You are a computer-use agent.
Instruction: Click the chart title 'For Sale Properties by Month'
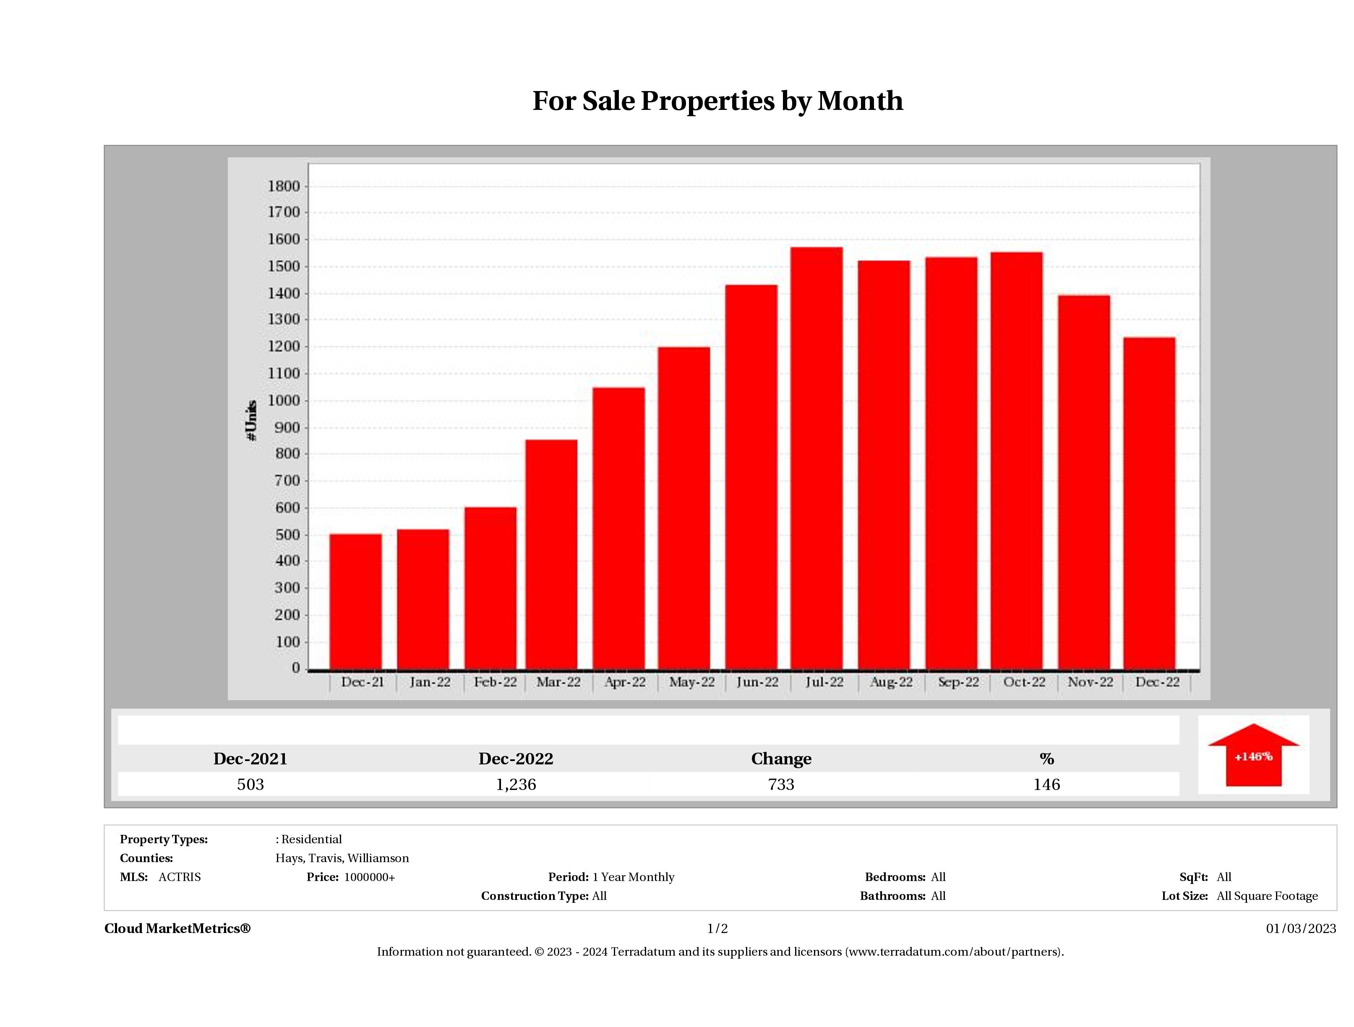[x=717, y=101]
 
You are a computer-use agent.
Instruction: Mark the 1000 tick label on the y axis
[x=284, y=401]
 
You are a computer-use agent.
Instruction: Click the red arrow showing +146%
[x=1253, y=756]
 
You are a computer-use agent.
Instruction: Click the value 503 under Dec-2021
[x=250, y=785]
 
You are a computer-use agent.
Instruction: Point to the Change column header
[x=781, y=759]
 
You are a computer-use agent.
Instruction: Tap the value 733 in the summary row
[x=781, y=785]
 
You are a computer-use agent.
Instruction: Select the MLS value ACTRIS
[x=179, y=877]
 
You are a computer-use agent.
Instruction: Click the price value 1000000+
[x=369, y=877]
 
